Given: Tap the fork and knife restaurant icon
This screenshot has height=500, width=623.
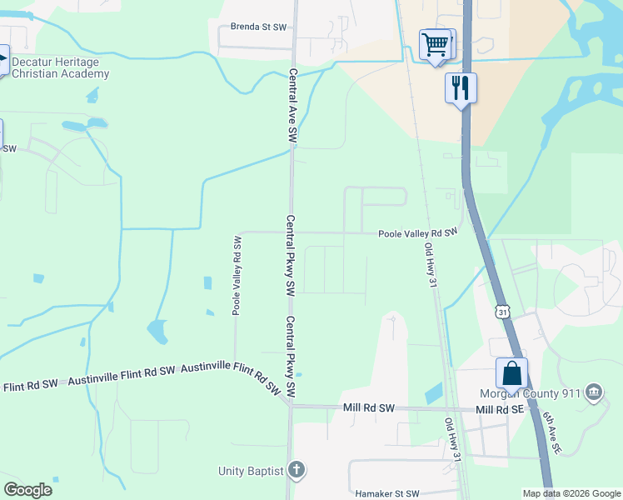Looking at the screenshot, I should coord(461,87).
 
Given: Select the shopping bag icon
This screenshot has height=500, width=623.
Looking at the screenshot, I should coord(511,372).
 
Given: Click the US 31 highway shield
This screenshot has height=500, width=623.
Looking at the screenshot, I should coord(501,310).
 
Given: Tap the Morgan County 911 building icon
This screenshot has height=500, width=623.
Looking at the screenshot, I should coord(593,391).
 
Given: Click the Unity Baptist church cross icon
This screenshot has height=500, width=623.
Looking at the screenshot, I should coord(297,471).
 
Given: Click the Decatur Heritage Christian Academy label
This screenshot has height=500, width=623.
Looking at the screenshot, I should coord(60,67).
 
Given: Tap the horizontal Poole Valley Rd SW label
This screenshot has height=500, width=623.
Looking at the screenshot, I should coord(418,234).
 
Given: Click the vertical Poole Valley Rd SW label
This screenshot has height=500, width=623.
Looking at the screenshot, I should coord(237,275).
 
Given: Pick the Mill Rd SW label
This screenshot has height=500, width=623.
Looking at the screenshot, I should coord(368,408).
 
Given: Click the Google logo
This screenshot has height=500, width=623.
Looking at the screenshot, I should coord(27,490).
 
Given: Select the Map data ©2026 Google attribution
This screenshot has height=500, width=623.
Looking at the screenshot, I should coord(571,493).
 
